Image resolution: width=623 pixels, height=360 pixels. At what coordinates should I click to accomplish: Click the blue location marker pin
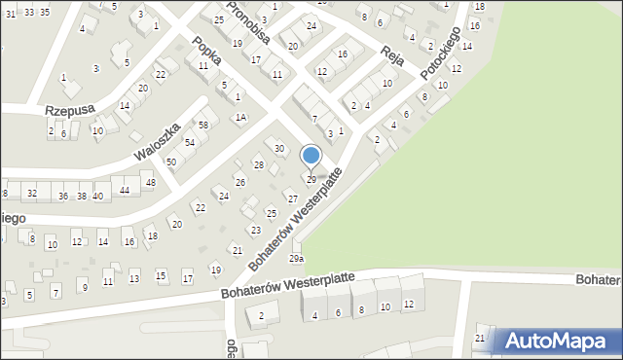pyautogui.click(x=311, y=156)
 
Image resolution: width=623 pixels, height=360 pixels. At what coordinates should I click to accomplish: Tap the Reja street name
pyautogui.click(x=392, y=54)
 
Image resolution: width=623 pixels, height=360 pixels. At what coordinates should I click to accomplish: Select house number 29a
pyautogui.click(x=296, y=259)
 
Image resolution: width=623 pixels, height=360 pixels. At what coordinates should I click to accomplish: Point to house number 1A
pyautogui.click(x=239, y=118)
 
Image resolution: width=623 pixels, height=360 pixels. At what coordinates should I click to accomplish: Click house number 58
pyautogui.click(x=203, y=126)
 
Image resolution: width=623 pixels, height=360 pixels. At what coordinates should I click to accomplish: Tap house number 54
pyautogui.click(x=190, y=143)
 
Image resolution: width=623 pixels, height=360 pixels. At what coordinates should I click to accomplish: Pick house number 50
pyautogui.click(x=170, y=162)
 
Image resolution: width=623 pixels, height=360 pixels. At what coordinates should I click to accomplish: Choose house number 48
pyautogui.click(x=149, y=183)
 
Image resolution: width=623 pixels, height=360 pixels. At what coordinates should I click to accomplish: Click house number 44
pyautogui.click(x=124, y=190)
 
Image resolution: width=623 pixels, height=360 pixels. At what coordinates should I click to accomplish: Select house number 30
pyautogui.click(x=279, y=149)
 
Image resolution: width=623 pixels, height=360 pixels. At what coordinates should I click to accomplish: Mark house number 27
pyautogui.click(x=292, y=198)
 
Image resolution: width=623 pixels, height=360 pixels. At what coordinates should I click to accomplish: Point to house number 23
pyautogui.click(x=255, y=231)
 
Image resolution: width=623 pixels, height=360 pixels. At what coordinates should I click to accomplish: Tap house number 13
pyautogui.click(x=133, y=279)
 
